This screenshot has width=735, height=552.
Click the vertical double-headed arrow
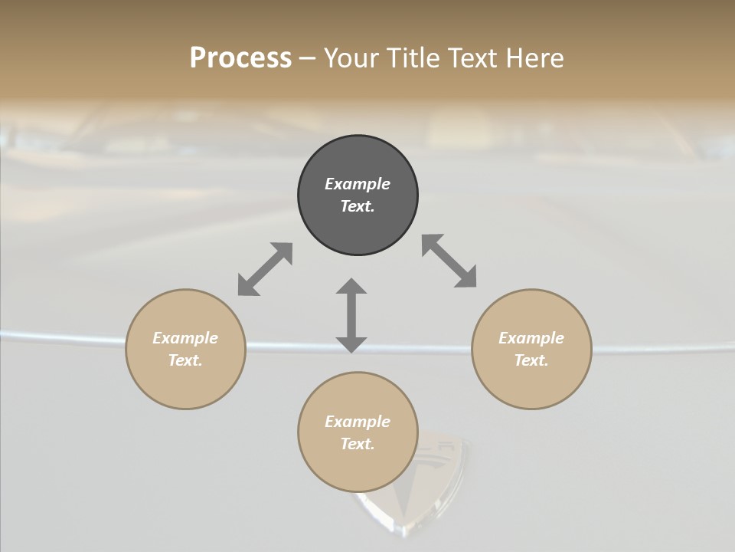point(351,315)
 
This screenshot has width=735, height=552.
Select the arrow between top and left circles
point(265,269)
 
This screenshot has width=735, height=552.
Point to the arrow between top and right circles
point(449,261)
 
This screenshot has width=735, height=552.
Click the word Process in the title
point(240,58)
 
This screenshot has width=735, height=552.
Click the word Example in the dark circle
point(358,184)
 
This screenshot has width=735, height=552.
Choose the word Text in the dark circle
point(356,206)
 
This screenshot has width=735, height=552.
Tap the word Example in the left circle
point(185,338)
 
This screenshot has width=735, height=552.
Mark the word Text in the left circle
point(184,360)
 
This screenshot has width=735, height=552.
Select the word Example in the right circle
point(531,338)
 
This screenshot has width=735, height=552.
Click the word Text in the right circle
point(530,360)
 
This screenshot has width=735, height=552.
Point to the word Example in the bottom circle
point(358,422)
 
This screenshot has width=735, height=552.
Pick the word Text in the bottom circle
point(356,444)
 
